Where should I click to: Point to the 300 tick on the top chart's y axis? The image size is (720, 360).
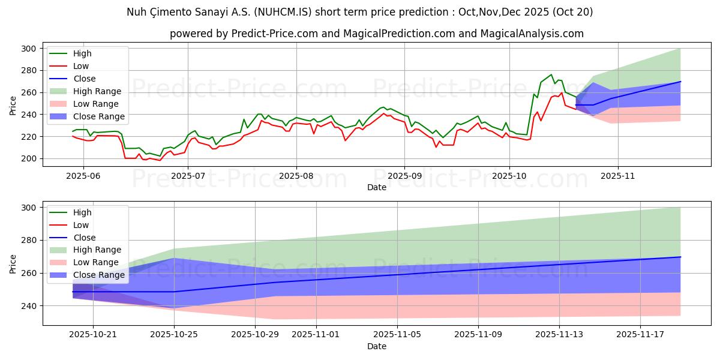coord(29,49)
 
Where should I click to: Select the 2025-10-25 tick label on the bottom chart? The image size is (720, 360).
coord(174,334)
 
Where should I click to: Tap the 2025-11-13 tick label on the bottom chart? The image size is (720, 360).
coord(560,334)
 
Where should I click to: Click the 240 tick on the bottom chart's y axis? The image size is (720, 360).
coord(29,306)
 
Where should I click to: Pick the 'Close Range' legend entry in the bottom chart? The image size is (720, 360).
coord(99,275)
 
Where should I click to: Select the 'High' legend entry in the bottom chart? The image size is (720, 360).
coord(83,212)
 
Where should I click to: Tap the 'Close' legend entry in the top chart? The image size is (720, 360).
coord(84,79)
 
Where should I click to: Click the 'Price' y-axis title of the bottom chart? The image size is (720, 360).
coord(13,263)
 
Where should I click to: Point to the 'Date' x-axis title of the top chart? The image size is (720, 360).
coord(376,187)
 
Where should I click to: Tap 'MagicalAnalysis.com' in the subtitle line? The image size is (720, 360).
coord(532,34)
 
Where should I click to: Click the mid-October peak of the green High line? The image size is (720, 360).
coord(551,74)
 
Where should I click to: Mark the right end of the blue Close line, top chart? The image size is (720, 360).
coord(680,82)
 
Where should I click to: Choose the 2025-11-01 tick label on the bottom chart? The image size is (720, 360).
coord(316,334)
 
